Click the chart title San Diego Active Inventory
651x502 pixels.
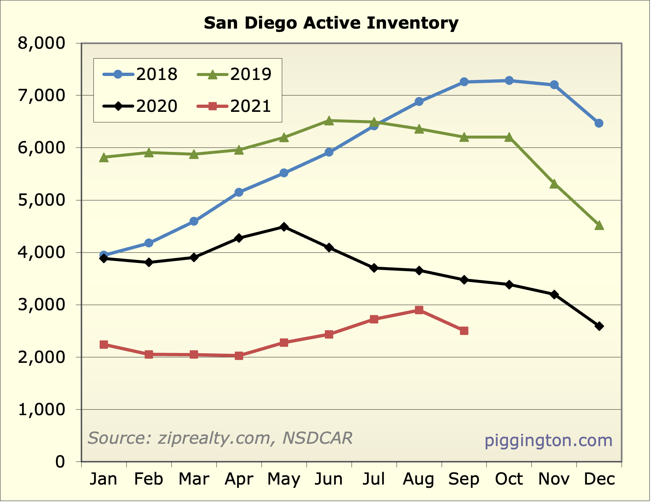click(331, 23)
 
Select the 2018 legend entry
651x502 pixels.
click(140, 74)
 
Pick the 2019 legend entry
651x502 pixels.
click(234, 74)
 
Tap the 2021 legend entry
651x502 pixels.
click(234, 106)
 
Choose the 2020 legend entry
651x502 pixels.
click(140, 106)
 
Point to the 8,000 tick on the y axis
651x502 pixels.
click(41, 43)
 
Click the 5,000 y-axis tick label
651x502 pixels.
click(41, 200)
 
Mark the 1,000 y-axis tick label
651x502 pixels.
click(41, 410)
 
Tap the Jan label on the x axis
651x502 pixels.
click(104, 479)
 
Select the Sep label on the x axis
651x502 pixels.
click(464, 479)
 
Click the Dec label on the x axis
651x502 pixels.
click(599, 479)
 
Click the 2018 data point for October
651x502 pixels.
click(509, 81)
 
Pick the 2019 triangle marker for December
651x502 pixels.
click(599, 225)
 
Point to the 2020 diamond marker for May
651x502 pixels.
click(284, 227)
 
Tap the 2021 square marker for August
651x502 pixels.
click(419, 310)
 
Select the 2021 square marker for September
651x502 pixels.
click(464, 331)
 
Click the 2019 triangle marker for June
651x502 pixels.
click(329, 121)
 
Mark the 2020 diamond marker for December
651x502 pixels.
click(599, 326)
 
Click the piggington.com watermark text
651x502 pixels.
click(548, 440)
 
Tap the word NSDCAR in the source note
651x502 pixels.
click(317, 438)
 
